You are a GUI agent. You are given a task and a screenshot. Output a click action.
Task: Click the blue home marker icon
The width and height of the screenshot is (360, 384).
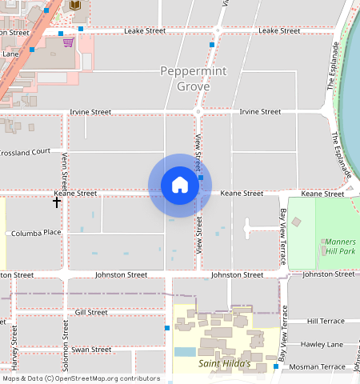[x=180, y=185]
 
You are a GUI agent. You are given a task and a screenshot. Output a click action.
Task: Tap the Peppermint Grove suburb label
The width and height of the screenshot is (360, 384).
[x=193, y=78]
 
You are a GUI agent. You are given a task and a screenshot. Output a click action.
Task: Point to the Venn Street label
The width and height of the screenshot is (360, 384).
[x=64, y=169]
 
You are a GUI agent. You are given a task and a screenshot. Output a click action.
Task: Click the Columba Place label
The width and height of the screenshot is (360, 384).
[x=36, y=233]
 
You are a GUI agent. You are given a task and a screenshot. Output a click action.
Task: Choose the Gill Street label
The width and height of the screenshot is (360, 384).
[x=90, y=312]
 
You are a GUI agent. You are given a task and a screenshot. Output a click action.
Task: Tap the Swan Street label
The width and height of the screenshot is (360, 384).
[x=91, y=350]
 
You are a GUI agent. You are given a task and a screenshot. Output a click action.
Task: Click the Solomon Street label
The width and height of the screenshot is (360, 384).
[x=65, y=348]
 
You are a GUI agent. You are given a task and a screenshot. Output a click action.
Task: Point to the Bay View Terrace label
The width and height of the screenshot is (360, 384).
[x=282, y=238]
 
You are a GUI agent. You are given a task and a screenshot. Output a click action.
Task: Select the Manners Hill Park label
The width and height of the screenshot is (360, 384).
[x=340, y=246]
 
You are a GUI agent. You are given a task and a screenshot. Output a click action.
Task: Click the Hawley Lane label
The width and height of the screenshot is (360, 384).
[x=322, y=344]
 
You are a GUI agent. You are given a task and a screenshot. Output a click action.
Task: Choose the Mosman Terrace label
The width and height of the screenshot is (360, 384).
[x=318, y=366]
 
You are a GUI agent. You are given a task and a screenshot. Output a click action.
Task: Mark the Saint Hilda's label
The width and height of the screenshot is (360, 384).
[x=224, y=364]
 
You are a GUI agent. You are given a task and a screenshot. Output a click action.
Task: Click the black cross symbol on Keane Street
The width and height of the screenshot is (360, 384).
[x=57, y=202]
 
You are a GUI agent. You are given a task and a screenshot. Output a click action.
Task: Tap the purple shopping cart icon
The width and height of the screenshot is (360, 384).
[x=69, y=42]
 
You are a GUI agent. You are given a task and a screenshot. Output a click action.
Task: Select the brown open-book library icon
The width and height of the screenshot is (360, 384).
[x=76, y=6]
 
